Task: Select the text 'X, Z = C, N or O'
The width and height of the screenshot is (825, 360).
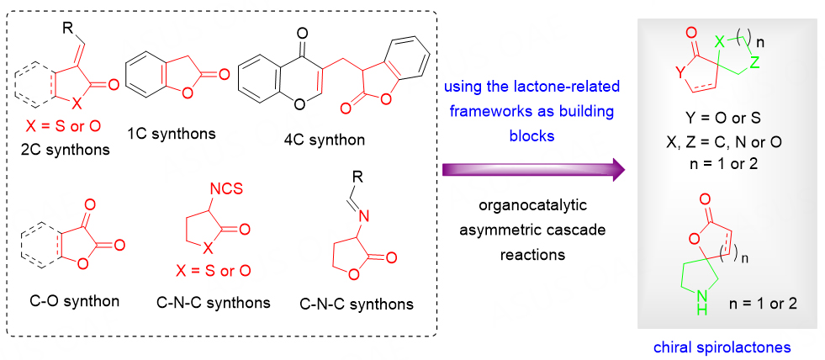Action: (718, 144)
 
